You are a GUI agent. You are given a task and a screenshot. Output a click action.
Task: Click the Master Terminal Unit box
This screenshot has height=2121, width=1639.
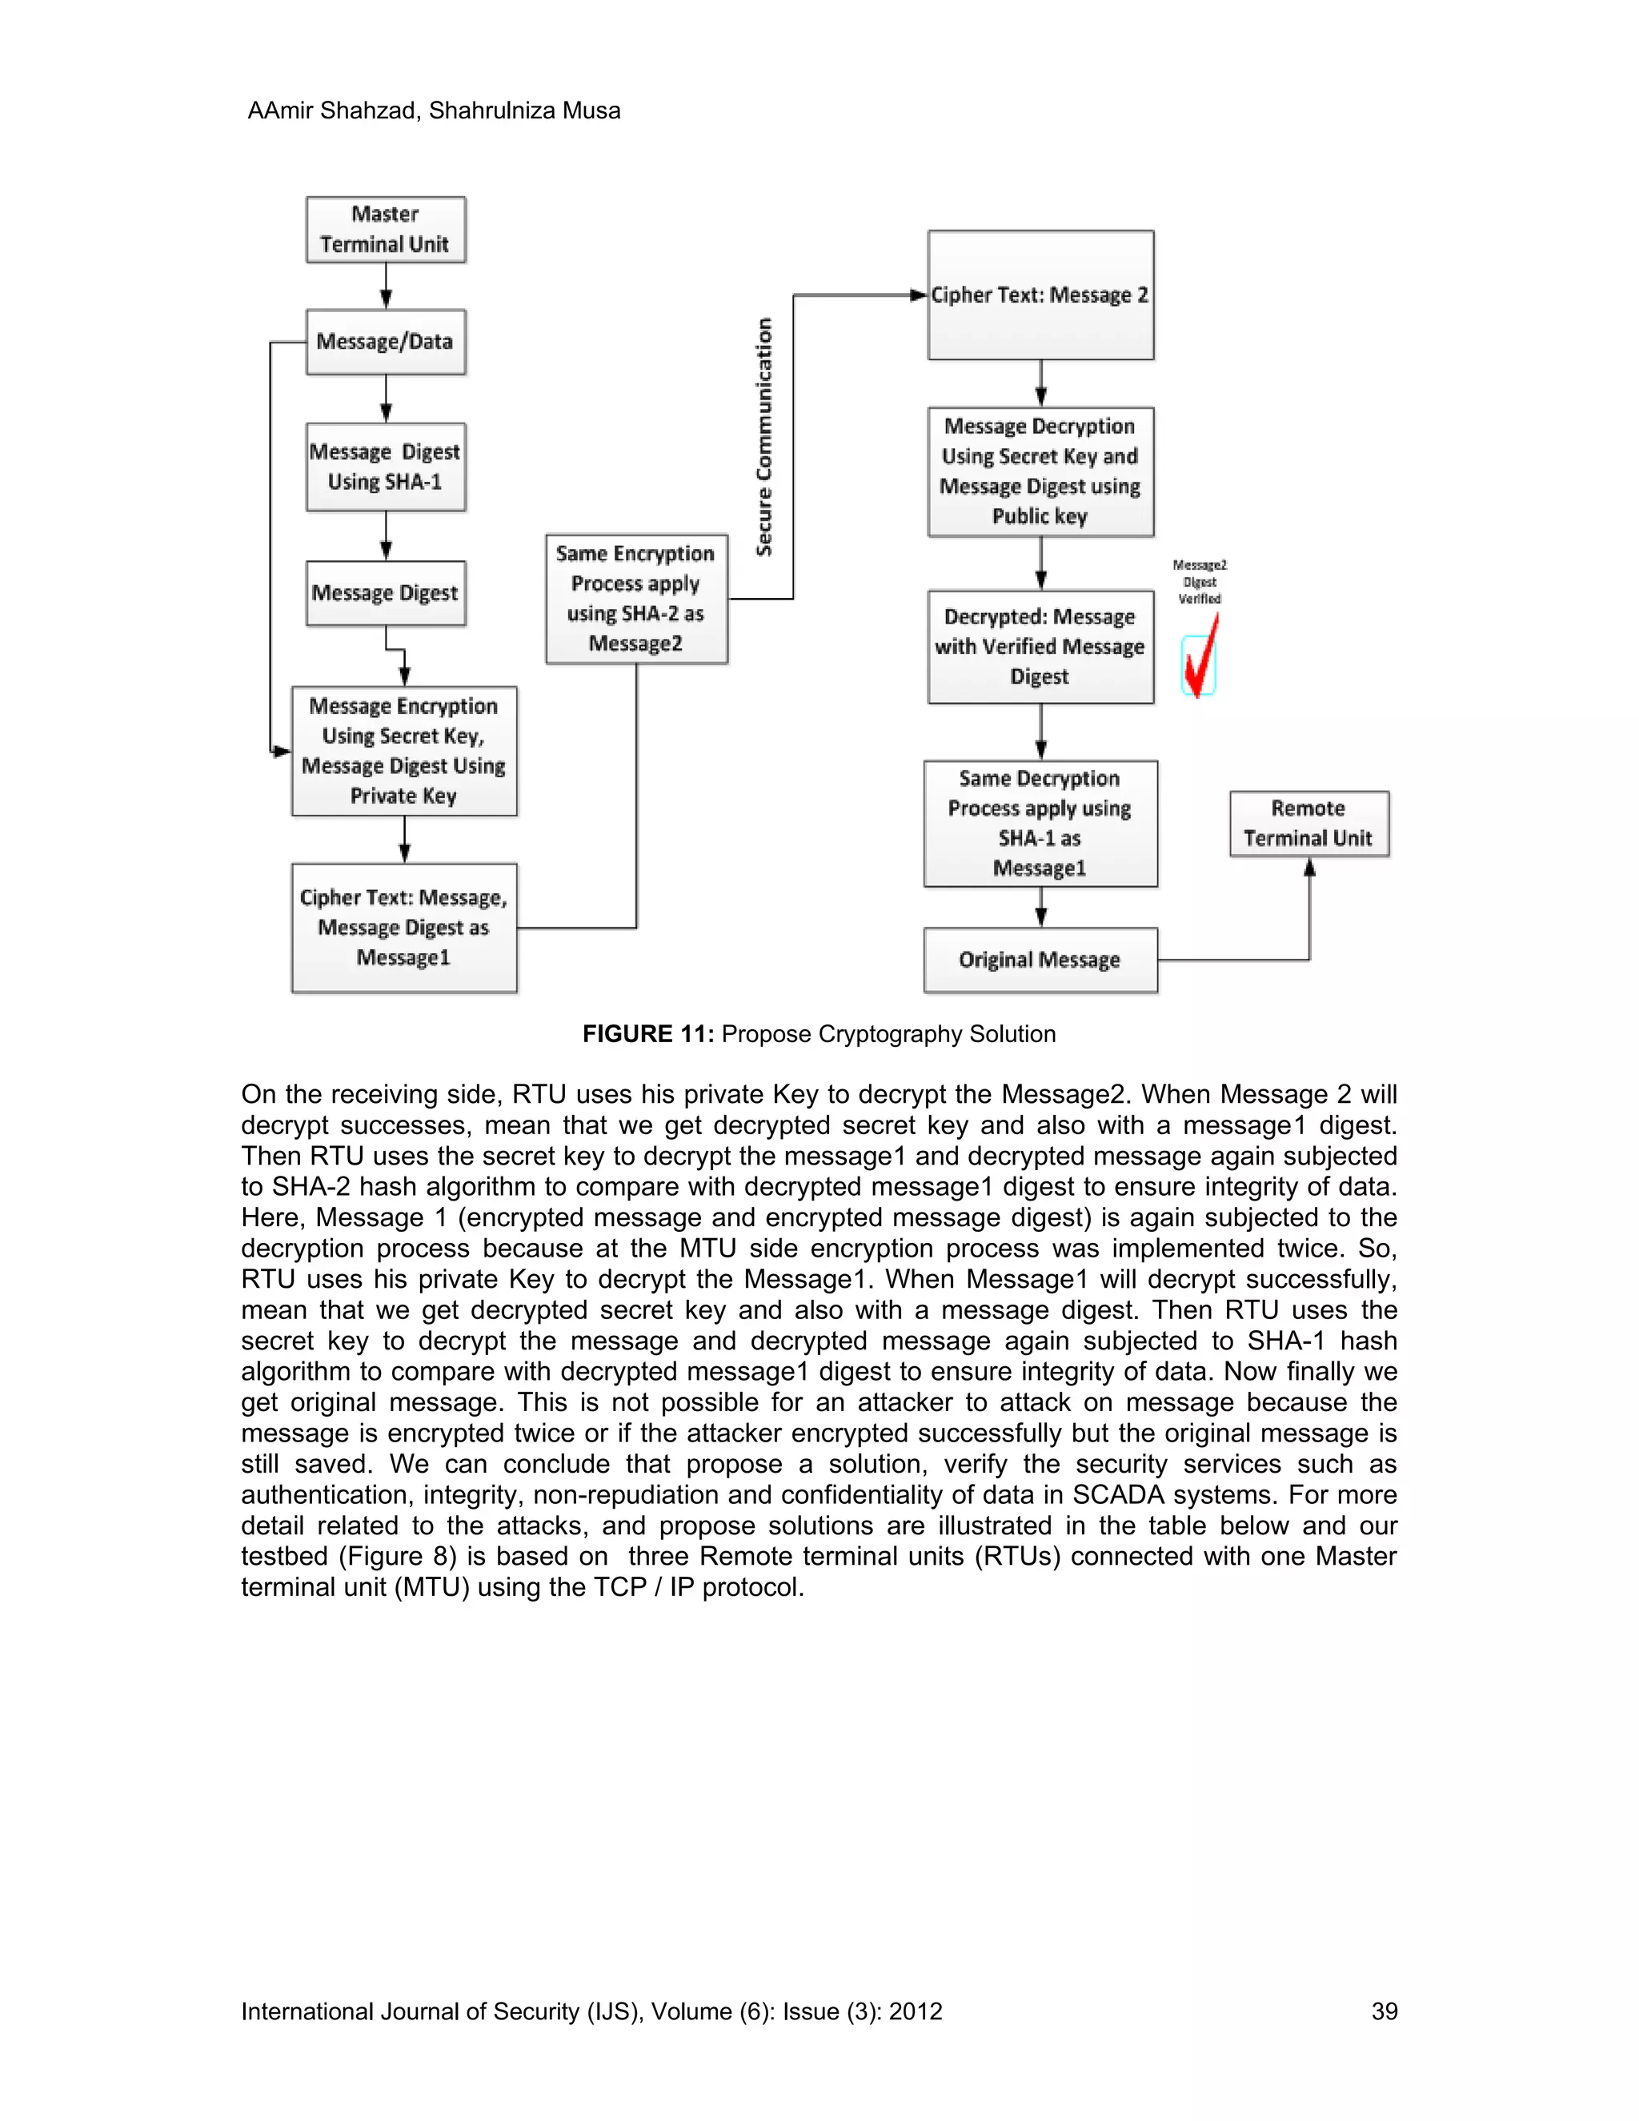386,229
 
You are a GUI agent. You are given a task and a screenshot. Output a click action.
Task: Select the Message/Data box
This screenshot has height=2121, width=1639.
386,342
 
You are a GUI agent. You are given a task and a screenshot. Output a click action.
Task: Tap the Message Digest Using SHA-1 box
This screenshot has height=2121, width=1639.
386,467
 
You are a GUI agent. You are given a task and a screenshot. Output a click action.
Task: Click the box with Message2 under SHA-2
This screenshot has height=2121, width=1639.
636,598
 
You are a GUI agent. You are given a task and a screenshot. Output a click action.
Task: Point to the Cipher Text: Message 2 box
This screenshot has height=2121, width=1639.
1040,295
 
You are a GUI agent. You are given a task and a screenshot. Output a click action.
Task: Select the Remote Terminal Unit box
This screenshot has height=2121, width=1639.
1308,824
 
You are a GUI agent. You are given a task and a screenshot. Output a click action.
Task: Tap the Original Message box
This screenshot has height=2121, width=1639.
1040,960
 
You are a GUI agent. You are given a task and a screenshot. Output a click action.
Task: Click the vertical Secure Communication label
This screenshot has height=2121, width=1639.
764,437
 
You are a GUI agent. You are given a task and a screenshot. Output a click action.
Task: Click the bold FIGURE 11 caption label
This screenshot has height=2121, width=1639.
647,1034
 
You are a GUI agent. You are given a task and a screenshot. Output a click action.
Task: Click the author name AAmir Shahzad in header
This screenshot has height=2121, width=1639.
331,110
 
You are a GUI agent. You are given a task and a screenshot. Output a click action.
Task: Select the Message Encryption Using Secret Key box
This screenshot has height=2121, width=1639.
404,751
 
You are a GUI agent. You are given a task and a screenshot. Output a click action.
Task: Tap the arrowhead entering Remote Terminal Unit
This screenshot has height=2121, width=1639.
1308,868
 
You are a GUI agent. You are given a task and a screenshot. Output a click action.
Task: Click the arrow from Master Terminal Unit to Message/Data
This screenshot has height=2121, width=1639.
386,287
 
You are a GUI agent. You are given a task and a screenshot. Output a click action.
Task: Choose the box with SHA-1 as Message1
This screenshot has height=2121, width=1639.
1040,824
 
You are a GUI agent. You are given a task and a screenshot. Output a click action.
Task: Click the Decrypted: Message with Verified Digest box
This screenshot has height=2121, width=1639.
1040,647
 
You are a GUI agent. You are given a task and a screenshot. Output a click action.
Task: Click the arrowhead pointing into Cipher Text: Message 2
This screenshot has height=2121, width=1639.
918,295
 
